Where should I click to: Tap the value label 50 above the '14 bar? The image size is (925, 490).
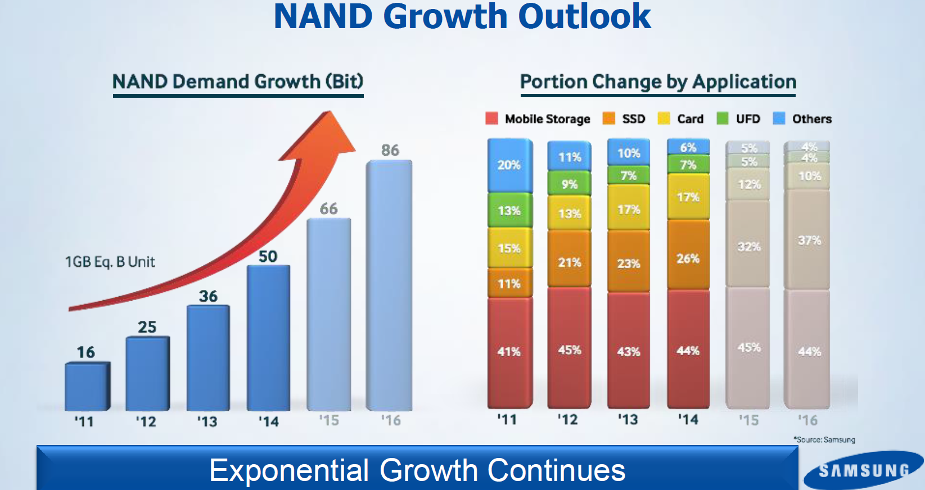pos(268,257)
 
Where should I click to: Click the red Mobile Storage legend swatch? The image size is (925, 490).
pos(491,119)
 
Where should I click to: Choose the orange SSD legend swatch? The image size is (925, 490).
pos(608,119)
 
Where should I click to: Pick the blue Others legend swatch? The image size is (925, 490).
pos(779,119)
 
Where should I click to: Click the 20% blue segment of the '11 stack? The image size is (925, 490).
pos(509,165)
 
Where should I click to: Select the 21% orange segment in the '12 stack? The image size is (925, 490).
pos(569,262)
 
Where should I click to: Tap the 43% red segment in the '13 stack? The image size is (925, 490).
pos(629,351)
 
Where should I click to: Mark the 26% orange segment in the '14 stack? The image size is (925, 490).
pos(688,258)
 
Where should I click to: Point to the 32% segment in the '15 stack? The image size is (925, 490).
pos(748,247)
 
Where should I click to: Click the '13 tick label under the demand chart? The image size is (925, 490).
pos(207,421)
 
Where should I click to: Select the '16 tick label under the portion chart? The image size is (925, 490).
pos(807,420)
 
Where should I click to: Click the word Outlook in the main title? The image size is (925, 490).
pos(584,17)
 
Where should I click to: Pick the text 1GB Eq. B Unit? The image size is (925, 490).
pos(110,262)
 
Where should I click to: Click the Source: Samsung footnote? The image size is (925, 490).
pos(824,439)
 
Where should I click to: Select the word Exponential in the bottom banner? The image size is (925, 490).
pos(289,470)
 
